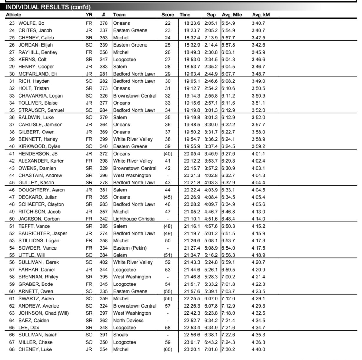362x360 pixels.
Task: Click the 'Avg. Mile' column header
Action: [232, 15]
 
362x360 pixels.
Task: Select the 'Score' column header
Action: [167, 15]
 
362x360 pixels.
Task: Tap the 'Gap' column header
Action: [211, 15]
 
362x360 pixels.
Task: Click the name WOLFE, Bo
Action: [31, 23]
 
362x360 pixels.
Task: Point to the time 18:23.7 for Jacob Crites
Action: [192, 30]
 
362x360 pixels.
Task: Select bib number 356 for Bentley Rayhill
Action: [103, 52]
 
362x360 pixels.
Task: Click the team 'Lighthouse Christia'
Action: [134, 219]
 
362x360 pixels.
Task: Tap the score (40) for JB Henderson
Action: [167, 154]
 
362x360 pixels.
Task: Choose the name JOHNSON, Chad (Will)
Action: [43, 313]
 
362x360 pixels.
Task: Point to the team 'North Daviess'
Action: [128, 321]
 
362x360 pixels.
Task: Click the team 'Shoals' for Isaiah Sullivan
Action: [121, 335]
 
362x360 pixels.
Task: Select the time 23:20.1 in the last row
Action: [192, 349]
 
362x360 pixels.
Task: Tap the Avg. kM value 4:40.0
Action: [258, 349]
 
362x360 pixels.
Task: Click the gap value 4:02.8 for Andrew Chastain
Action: [211, 176]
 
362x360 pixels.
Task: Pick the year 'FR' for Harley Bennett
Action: [89, 139]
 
